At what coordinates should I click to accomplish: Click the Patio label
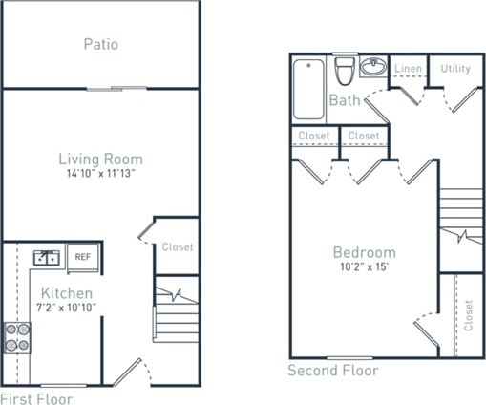point(100,44)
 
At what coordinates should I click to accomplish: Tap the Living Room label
point(100,159)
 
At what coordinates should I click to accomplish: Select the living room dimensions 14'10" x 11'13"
point(100,174)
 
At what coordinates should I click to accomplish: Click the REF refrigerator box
point(84,256)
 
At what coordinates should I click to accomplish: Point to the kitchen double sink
point(45,257)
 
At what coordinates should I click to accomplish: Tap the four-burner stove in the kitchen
point(17,337)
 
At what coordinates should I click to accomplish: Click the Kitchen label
point(67,292)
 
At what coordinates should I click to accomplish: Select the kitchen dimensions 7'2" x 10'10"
point(68,307)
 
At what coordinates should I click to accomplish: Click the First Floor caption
point(35,397)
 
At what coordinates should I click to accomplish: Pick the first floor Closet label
point(177,247)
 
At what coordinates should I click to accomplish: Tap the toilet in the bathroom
point(345,71)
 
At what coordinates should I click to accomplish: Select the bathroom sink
point(373,68)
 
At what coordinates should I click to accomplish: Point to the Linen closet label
point(408,69)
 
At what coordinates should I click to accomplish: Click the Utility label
point(454,69)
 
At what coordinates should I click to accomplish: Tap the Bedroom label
point(364,252)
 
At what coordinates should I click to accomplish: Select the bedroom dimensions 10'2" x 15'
point(364,267)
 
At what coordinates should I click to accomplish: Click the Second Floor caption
point(333,371)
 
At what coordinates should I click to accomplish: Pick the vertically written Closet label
point(469,315)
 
